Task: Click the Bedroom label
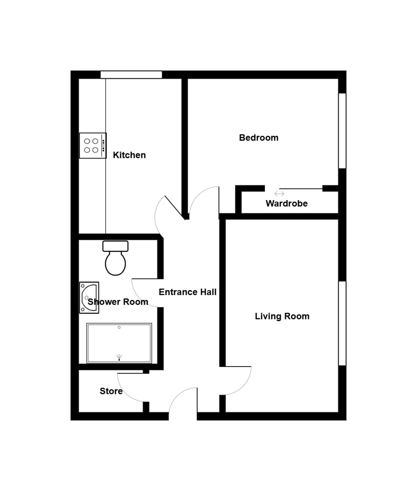259,138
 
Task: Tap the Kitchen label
129,155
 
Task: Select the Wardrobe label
286,203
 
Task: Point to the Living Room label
282,316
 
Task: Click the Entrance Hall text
187,292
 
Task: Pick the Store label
111,391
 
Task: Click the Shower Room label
118,302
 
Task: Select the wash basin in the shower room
89,297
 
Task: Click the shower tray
119,343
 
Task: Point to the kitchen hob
93,145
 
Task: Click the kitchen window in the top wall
131,74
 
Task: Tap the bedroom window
342,131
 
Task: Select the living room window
342,323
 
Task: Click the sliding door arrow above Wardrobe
279,194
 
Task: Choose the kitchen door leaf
174,207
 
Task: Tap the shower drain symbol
119,358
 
